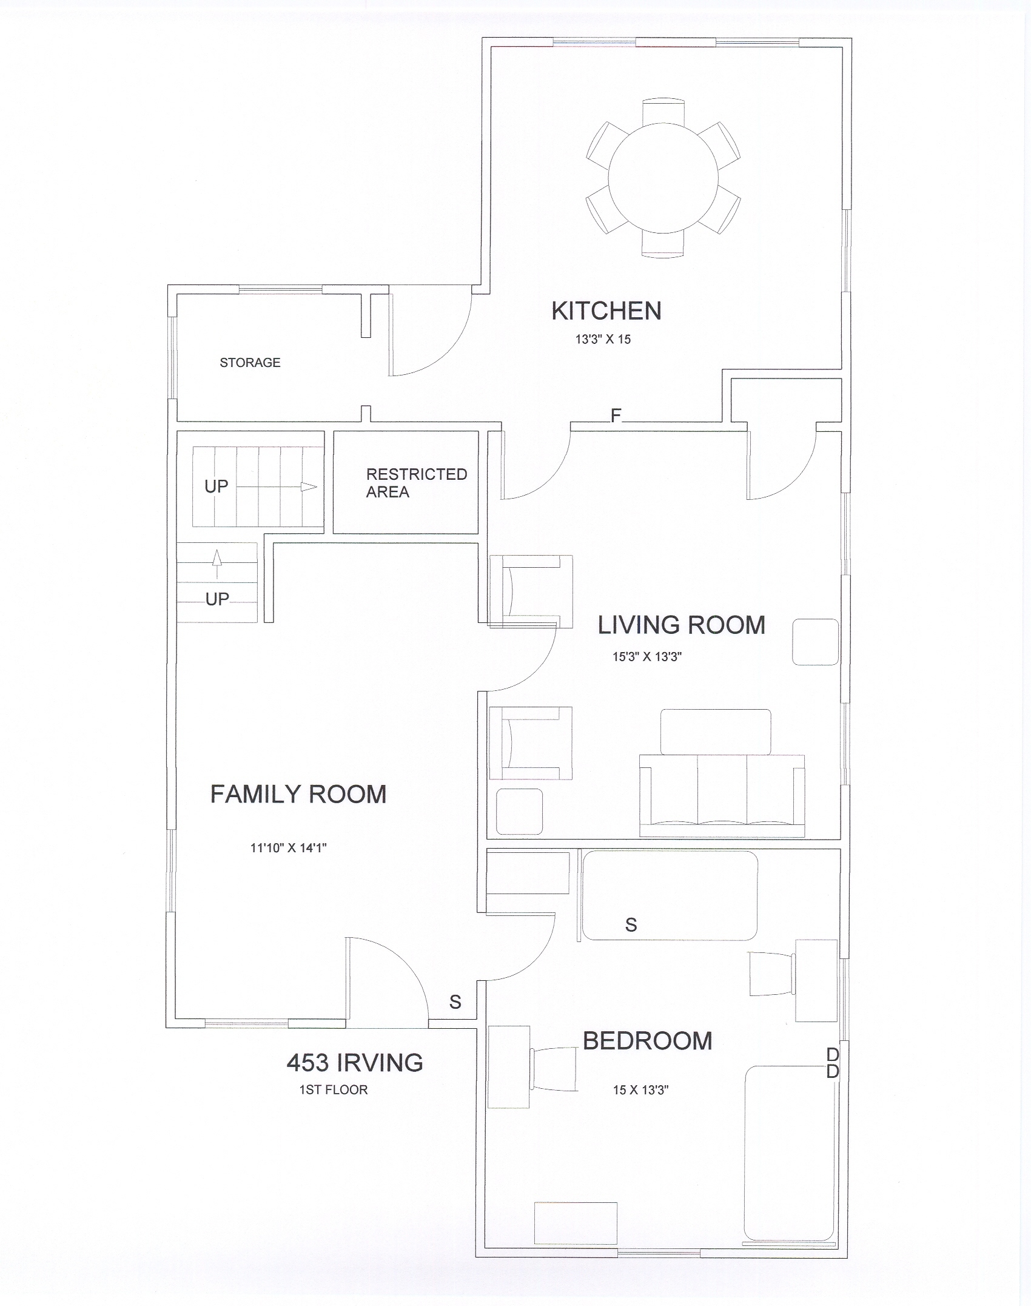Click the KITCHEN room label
coord(606,311)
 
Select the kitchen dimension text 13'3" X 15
coord(603,340)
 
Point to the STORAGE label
coord(250,363)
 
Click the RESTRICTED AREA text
coord(417,483)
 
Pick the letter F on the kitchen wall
coord(616,416)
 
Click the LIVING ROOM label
coord(681,625)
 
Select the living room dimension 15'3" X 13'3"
coord(647,656)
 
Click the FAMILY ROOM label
coord(298,795)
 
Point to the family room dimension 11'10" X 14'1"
coord(289,848)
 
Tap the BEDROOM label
coord(648,1041)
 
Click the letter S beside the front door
coord(455,1002)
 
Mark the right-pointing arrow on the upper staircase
coord(276,486)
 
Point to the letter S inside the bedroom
coord(631,925)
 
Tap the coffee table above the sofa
coord(716,732)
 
